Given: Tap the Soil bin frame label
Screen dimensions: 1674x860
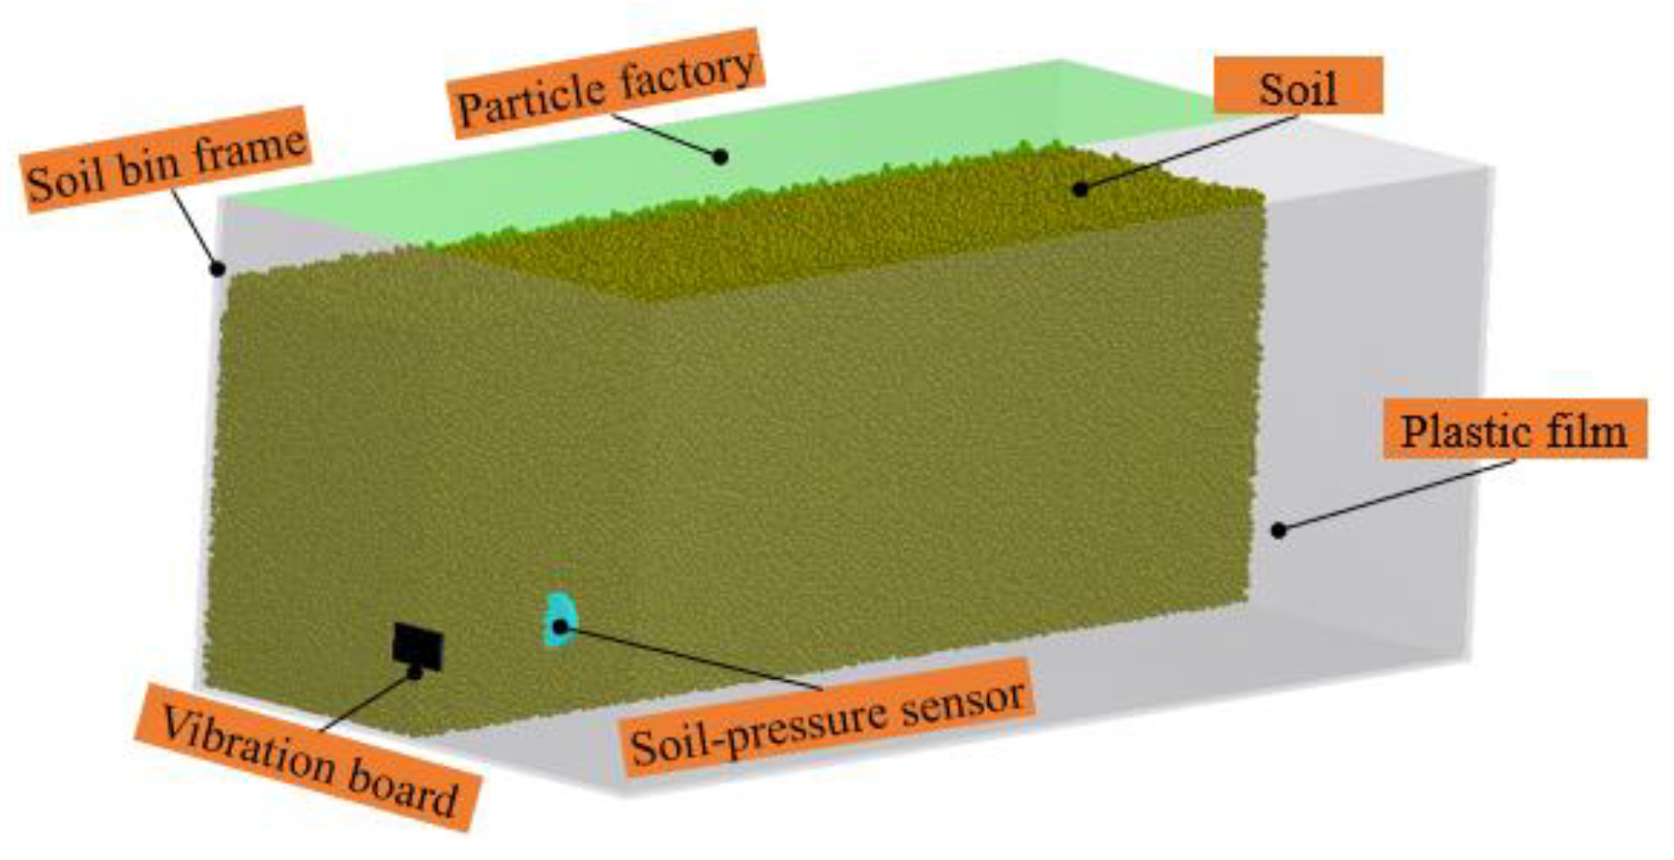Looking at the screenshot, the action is point(166,160).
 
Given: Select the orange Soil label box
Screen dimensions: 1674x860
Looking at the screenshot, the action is point(1297,86).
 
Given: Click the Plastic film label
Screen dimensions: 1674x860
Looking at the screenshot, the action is point(1513,430).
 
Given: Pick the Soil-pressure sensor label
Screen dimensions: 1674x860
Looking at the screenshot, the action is point(828,719).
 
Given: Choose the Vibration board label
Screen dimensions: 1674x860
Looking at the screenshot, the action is point(308,757).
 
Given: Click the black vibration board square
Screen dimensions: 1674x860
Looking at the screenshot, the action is point(417,647).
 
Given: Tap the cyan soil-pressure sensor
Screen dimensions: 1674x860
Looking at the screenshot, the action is point(560,619).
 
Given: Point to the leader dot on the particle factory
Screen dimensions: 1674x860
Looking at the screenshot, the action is point(719,157).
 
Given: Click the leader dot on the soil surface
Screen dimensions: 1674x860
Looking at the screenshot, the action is point(1079,189).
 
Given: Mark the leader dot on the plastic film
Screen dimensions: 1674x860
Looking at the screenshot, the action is point(1279,530).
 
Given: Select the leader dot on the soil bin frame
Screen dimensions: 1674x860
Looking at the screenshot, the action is point(218,269).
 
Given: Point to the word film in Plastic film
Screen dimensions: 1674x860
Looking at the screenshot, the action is point(1587,431).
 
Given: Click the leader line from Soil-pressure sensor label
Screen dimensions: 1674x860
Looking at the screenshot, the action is point(693,658).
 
